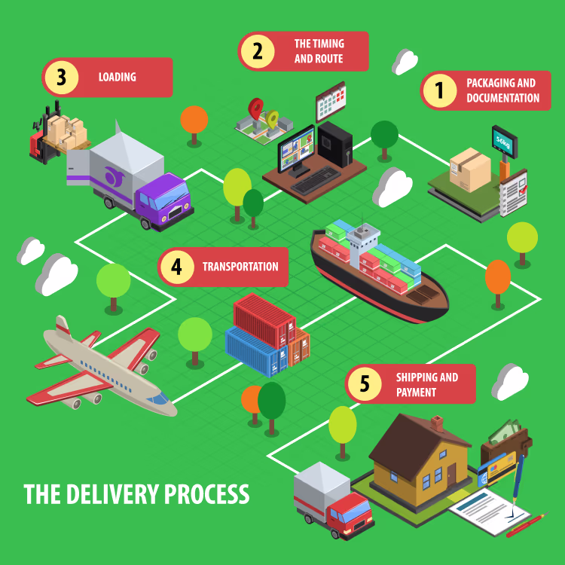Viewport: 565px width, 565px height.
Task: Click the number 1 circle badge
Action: (440, 90)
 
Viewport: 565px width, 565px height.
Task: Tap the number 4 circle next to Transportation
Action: (177, 267)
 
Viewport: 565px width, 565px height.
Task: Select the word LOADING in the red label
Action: (118, 77)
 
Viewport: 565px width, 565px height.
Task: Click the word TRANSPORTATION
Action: (240, 267)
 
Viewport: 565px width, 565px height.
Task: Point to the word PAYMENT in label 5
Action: (416, 392)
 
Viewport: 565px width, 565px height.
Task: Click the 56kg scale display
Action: (505, 142)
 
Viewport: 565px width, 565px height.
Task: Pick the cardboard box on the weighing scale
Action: (470, 169)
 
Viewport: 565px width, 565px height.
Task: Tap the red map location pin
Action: (255, 108)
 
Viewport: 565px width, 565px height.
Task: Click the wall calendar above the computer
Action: (331, 101)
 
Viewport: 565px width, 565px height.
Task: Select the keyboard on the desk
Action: (316, 180)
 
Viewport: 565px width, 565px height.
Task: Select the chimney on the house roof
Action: (437, 423)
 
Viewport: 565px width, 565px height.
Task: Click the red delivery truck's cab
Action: (350, 515)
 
